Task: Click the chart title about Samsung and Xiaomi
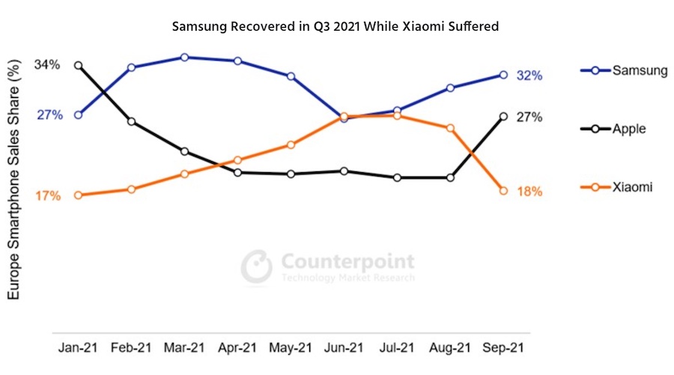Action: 336,26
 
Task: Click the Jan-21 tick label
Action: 78,348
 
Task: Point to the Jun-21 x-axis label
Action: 344,348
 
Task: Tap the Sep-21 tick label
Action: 503,348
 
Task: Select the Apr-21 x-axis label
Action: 237,348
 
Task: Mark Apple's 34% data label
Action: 46,65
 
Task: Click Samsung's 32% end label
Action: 528,76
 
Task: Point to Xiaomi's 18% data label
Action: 529,192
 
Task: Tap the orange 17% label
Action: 48,196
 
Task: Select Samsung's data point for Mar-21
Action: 184,57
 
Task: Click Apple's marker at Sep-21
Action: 503,117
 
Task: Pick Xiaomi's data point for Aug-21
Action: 450,128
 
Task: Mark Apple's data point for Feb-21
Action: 131,121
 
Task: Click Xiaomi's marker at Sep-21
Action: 503,191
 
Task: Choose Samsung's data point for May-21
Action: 291,76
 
